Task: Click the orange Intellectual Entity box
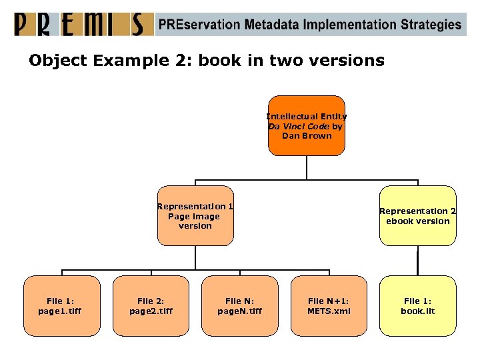click(307, 125)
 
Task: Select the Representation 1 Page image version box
click(195, 216)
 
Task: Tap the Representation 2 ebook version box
click(418, 216)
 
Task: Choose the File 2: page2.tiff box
click(151, 306)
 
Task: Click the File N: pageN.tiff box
click(239, 306)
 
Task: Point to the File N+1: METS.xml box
click(329, 306)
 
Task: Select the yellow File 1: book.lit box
click(418, 306)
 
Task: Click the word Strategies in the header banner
click(431, 25)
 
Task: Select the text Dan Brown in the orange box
click(307, 135)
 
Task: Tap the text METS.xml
click(329, 311)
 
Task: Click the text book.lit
click(418, 311)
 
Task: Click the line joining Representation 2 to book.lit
click(418, 260)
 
